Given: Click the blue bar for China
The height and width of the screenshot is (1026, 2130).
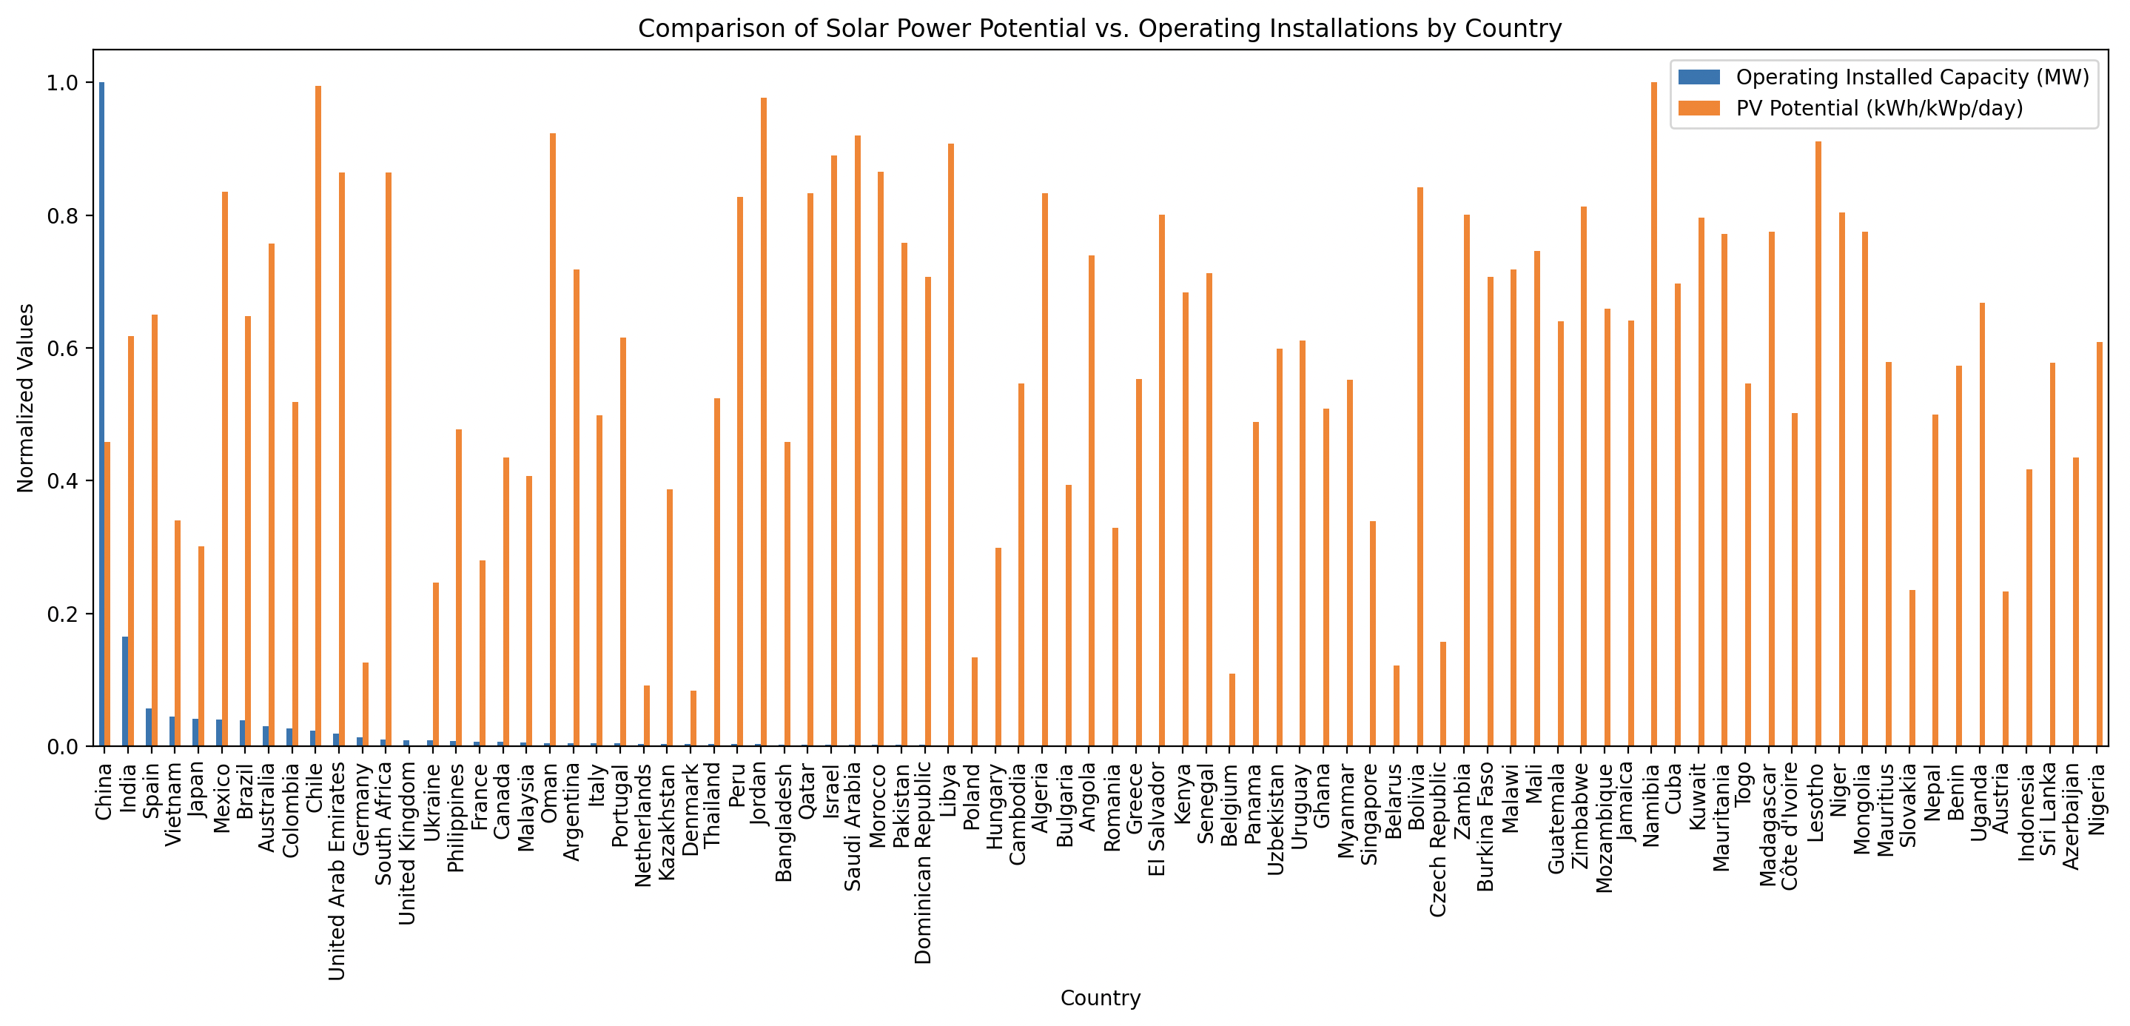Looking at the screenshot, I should [101, 413].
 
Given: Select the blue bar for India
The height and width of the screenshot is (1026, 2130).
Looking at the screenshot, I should [125, 691].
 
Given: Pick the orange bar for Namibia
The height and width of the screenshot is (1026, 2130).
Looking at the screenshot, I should [1653, 413].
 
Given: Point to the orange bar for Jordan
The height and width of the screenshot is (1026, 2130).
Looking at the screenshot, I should [763, 422].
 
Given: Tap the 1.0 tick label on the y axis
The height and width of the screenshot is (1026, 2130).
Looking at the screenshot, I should [63, 83].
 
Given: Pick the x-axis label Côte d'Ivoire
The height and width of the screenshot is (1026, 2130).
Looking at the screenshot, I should [1790, 826].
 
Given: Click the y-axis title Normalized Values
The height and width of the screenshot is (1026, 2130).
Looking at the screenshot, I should [26, 398].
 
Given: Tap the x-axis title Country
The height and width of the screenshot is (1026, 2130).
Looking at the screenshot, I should [1100, 998].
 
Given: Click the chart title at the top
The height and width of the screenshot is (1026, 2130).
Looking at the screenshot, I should [1100, 29].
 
